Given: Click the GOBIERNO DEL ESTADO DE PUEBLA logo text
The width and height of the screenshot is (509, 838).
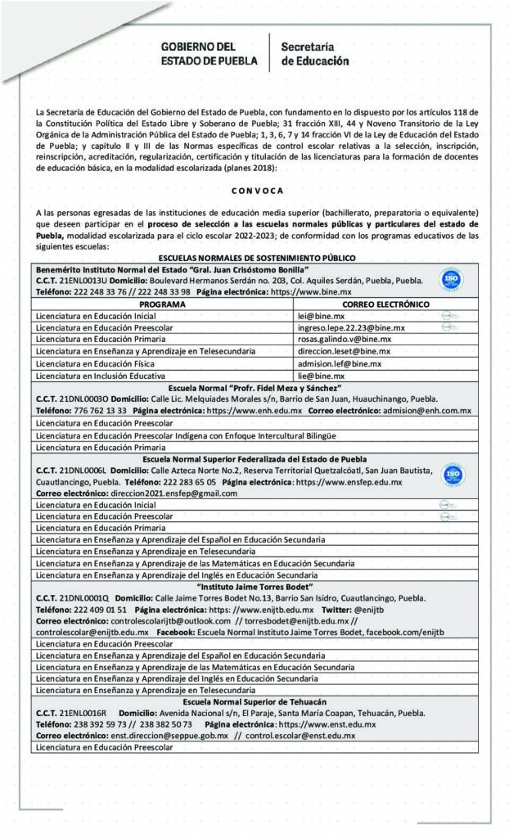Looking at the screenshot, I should pos(209,54).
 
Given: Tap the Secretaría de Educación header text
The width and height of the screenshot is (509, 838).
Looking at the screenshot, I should pos(314,54).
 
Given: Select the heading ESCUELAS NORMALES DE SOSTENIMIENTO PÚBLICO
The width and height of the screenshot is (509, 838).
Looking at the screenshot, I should pos(254,258).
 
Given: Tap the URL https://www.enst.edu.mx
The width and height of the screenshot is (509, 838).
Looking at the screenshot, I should pos(327,724).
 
